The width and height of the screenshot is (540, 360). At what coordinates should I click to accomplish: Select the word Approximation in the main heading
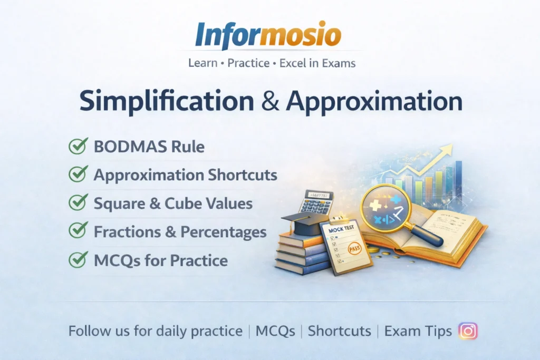point(374,102)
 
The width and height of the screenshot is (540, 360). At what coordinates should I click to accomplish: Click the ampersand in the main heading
point(271,102)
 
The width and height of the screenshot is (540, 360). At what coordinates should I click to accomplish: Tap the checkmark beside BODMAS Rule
point(78,146)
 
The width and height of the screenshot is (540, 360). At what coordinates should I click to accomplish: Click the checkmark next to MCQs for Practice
point(78,259)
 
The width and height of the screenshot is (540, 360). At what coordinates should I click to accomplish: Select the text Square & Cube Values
point(173,203)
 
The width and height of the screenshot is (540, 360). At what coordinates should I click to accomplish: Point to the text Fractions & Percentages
point(180,231)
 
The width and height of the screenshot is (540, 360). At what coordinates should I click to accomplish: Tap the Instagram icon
point(468,330)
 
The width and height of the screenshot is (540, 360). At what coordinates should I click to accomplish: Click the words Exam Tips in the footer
point(418,331)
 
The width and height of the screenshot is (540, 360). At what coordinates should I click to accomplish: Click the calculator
point(316,203)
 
